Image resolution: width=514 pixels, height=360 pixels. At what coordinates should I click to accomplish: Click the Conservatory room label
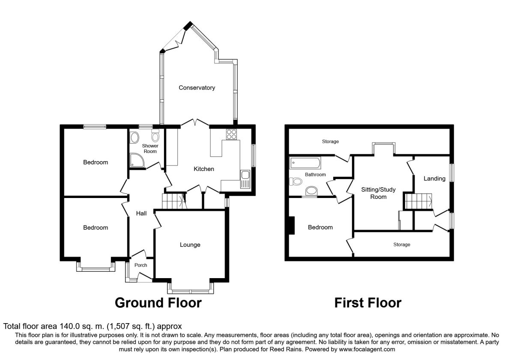click(x=197, y=88)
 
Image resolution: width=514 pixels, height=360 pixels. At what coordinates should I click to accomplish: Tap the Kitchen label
click(x=204, y=169)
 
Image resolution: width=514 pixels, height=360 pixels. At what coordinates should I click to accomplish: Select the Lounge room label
click(x=190, y=245)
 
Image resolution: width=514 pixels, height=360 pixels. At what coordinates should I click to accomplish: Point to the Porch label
click(x=140, y=265)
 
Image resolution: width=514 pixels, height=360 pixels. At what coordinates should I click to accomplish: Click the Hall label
click(x=141, y=213)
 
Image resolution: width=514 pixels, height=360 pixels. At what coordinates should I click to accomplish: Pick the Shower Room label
click(x=150, y=149)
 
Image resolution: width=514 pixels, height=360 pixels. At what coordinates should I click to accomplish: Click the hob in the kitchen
click(x=232, y=134)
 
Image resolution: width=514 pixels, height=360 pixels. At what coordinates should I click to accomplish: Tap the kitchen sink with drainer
click(x=245, y=179)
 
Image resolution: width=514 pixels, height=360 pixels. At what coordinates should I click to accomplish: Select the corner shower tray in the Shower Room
click(x=137, y=160)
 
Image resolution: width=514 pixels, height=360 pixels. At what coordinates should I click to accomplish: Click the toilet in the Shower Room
click(x=155, y=135)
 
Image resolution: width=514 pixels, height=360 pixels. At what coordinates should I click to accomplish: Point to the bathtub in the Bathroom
click(x=305, y=163)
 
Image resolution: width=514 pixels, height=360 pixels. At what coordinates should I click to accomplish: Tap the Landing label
click(x=434, y=179)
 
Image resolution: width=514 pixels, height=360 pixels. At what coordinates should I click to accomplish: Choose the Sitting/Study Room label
click(x=378, y=193)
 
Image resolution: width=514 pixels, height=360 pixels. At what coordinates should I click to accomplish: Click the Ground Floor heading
click(x=158, y=303)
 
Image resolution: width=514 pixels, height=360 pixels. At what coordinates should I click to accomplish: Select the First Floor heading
click(x=368, y=303)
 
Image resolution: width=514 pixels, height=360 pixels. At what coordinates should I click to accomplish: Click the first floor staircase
click(x=418, y=201)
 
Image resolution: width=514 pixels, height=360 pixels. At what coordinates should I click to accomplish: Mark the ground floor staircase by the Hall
click(x=174, y=201)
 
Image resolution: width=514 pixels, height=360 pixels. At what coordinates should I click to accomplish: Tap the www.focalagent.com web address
click(x=367, y=350)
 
